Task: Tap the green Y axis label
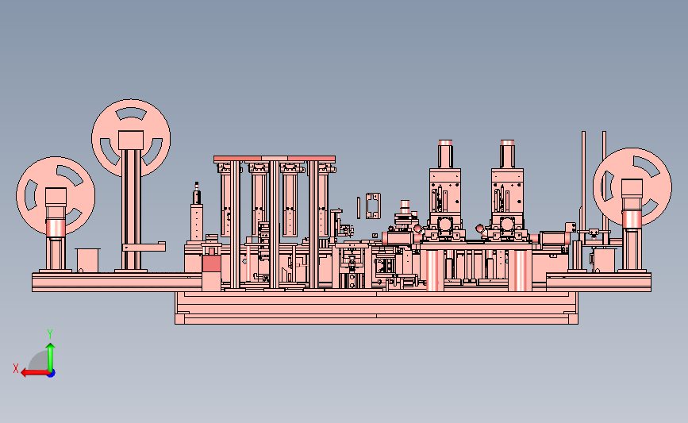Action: pyautogui.click(x=50, y=334)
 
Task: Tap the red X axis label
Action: pyautogui.click(x=16, y=368)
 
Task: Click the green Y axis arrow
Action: pyautogui.click(x=51, y=358)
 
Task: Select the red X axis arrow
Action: pyautogui.click(x=36, y=373)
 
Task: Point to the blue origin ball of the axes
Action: pyautogui.click(x=52, y=374)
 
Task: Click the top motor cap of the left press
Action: pyautogui.click(x=445, y=143)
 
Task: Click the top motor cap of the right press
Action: pyautogui.click(x=507, y=143)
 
